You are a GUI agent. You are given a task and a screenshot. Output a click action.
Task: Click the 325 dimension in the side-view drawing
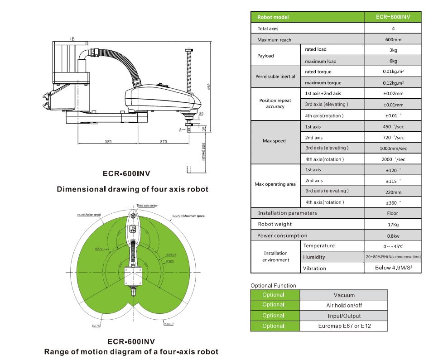click(108, 142)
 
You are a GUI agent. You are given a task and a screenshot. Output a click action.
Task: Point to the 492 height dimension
click(209, 86)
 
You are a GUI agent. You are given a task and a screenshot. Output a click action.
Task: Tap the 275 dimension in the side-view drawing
click(164, 142)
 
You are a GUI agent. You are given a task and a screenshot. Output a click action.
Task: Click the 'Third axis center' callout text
click(146, 206)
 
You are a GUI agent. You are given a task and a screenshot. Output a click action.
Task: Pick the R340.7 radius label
click(169, 324)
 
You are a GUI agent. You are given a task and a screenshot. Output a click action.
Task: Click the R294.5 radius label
click(171, 254)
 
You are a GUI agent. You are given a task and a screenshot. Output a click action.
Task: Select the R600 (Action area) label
click(88, 215)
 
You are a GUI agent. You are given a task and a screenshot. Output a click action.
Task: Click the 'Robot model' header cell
click(273, 17)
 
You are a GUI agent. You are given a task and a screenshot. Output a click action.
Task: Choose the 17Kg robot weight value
click(393, 224)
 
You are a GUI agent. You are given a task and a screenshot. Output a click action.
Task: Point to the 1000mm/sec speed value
click(393, 149)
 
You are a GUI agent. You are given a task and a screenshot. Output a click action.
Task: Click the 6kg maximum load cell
click(393, 61)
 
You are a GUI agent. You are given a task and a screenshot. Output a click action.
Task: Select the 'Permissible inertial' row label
click(275, 77)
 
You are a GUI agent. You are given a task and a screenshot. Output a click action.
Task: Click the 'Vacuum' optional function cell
click(344, 295)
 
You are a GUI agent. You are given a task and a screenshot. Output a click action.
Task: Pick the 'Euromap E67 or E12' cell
click(344, 326)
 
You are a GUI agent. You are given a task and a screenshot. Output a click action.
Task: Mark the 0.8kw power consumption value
click(393, 236)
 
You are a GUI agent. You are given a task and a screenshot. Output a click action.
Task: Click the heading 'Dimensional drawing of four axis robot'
click(133, 189)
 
